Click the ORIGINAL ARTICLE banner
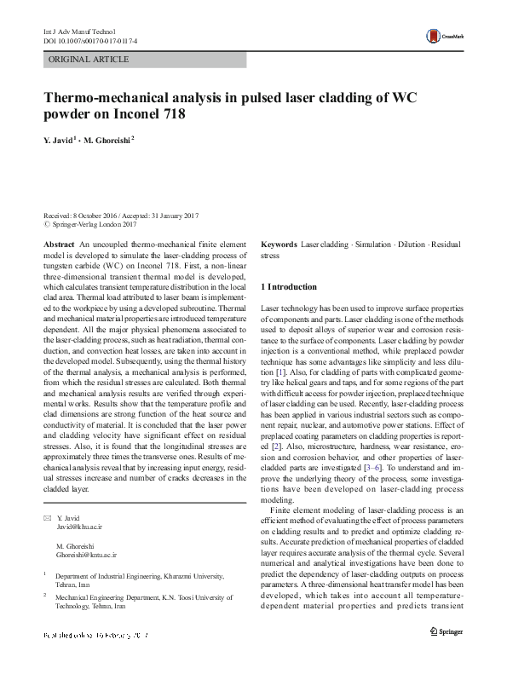(89, 60)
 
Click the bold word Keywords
(279, 245)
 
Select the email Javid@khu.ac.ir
(80, 504)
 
